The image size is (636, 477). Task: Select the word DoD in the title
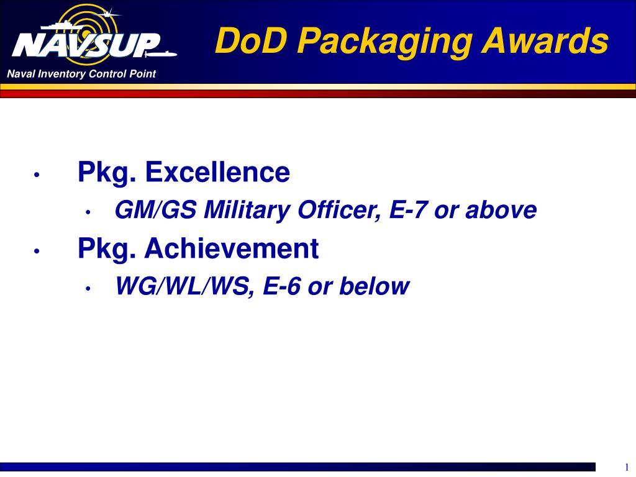point(245,42)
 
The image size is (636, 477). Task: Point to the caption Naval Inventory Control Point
point(81,75)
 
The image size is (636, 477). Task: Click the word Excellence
point(217,172)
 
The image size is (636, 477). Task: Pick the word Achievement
point(232,248)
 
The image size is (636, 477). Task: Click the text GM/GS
point(156,211)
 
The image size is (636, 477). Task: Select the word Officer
point(340,211)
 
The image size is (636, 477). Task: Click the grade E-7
point(409,211)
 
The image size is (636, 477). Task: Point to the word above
point(501,211)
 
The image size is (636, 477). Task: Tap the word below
point(374,286)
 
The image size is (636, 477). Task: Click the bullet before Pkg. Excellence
point(38,175)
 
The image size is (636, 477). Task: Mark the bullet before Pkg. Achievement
point(38,251)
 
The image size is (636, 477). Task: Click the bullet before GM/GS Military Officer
point(89,212)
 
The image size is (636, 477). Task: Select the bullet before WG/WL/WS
point(89,288)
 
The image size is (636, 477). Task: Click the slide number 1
point(625,468)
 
